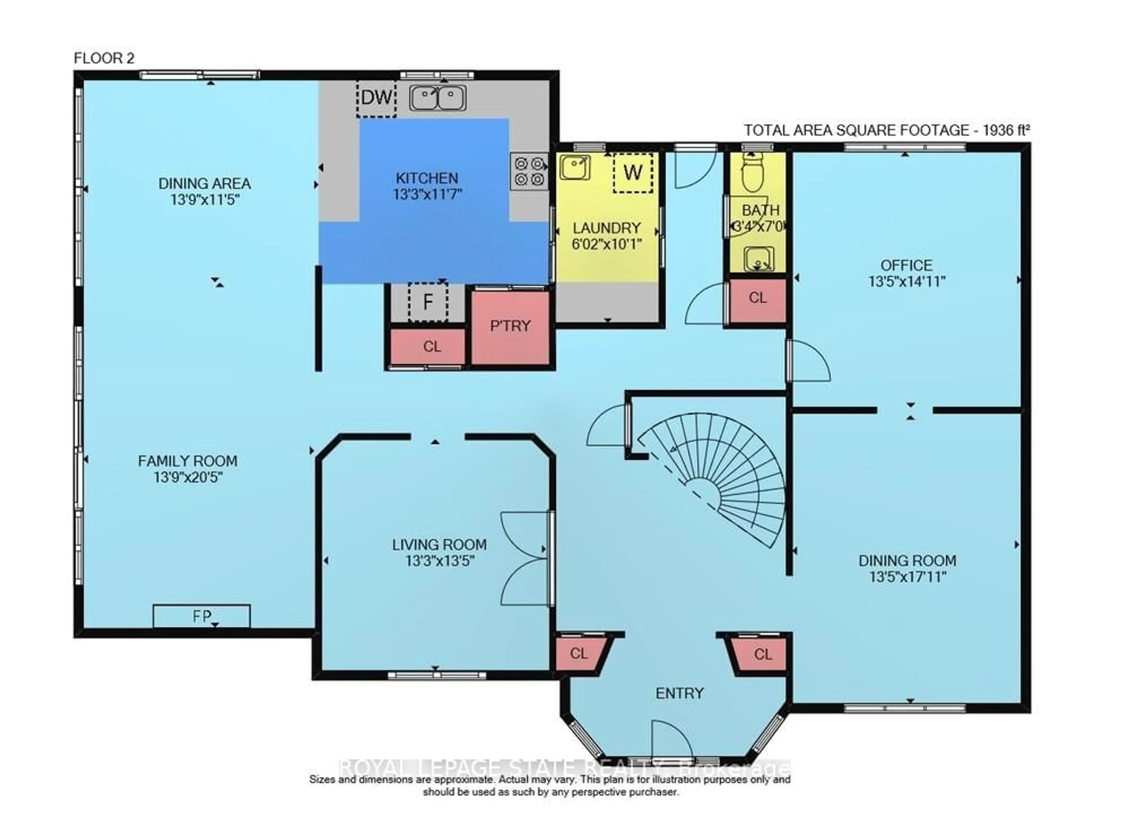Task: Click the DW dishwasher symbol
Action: pos(376,98)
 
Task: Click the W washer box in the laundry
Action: pos(632,173)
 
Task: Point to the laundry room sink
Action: pos(575,168)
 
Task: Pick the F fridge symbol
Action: pos(428,302)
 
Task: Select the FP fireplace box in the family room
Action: pos(202,616)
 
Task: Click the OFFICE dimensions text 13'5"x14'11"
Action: pos(907,281)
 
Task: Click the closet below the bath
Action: pos(757,298)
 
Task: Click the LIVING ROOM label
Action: pos(439,545)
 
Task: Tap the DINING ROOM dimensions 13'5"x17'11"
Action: pos(908,577)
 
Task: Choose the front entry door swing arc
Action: pos(672,740)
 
